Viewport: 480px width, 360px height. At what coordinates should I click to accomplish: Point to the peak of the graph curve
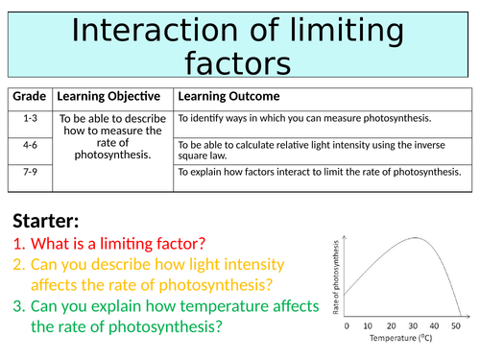point(415,238)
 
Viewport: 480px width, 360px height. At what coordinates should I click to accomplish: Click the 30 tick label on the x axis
point(415,324)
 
